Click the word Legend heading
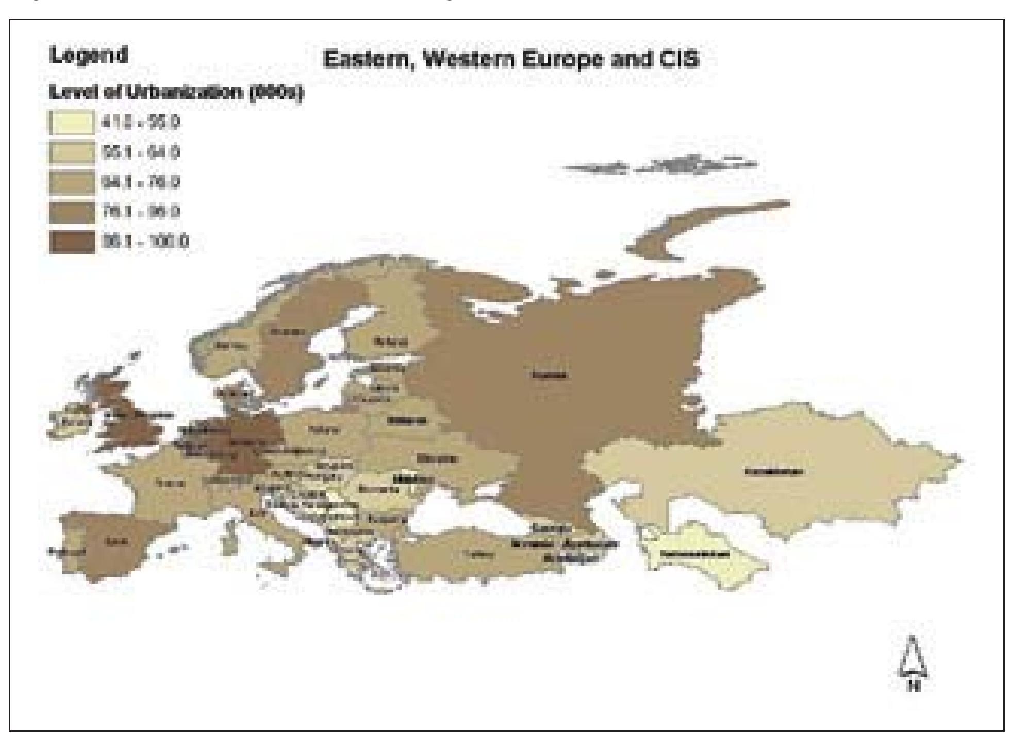[x=89, y=55]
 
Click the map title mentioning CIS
[x=510, y=60]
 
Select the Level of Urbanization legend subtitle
[x=175, y=93]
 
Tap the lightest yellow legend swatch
[x=72, y=124]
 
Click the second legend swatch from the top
[x=72, y=153]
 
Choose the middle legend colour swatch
[x=72, y=183]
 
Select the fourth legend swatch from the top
[x=72, y=212]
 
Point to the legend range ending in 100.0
[x=146, y=242]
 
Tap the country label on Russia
[x=550, y=374]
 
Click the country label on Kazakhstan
[x=773, y=471]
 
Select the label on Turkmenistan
[x=695, y=555]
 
